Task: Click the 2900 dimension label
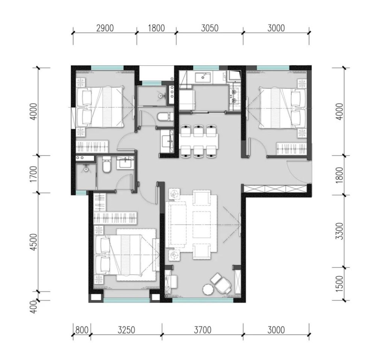105,28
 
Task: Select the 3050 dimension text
210,28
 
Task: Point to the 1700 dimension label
34,174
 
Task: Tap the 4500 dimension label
34,242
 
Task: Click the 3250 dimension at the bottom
126,330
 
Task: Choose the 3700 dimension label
203,330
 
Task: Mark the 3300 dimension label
340,231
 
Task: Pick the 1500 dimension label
340,284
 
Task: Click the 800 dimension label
82,330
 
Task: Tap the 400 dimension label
34,307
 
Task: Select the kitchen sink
203,77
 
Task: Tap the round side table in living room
208,289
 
